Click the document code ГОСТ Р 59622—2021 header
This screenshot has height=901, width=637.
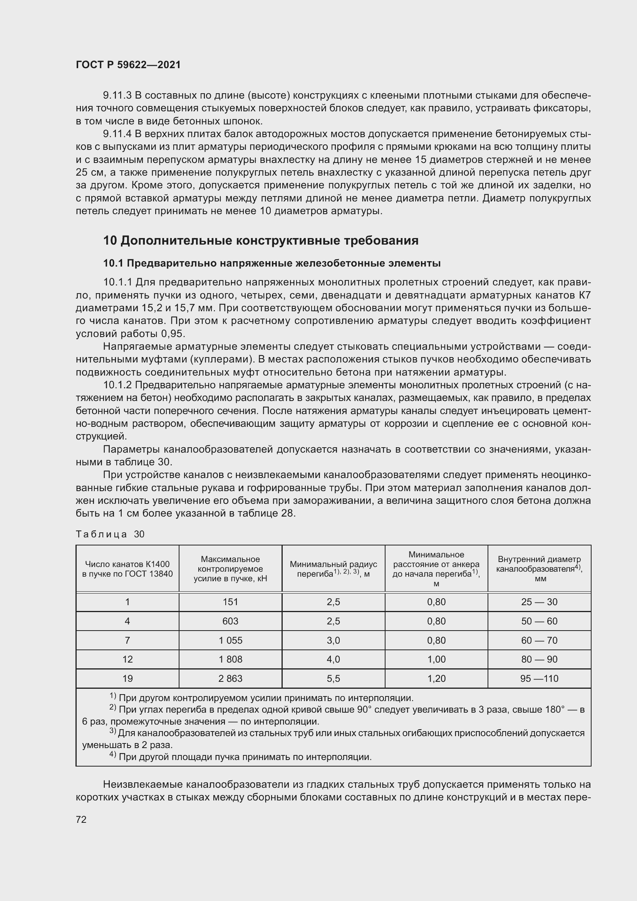(x=128, y=65)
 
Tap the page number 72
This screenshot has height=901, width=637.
(x=81, y=819)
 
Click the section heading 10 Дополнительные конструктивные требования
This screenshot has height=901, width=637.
(x=261, y=240)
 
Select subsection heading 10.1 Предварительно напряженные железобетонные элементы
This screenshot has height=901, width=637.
(x=272, y=263)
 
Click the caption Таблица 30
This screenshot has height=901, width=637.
(x=110, y=534)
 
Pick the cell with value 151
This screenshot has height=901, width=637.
(x=230, y=602)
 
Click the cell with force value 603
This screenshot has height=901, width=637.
(x=230, y=621)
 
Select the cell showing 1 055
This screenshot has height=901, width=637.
(x=230, y=641)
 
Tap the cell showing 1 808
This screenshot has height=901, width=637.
(x=230, y=659)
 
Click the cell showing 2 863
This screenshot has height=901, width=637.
(x=230, y=678)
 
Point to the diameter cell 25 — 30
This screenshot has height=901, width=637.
(x=539, y=602)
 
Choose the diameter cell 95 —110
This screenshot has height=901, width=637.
(x=539, y=678)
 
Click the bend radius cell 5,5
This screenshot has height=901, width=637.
(x=333, y=678)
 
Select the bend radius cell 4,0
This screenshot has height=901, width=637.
(x=333, y=659)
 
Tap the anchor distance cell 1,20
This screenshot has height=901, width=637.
(x=436, y=678)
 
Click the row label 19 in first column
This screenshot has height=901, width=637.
(x=127, y=678)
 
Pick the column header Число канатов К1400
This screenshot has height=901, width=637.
(x=127, y=569)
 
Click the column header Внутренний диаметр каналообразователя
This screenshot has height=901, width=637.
(x=539, y=569)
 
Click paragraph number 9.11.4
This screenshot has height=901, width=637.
(x=117, y=134)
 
